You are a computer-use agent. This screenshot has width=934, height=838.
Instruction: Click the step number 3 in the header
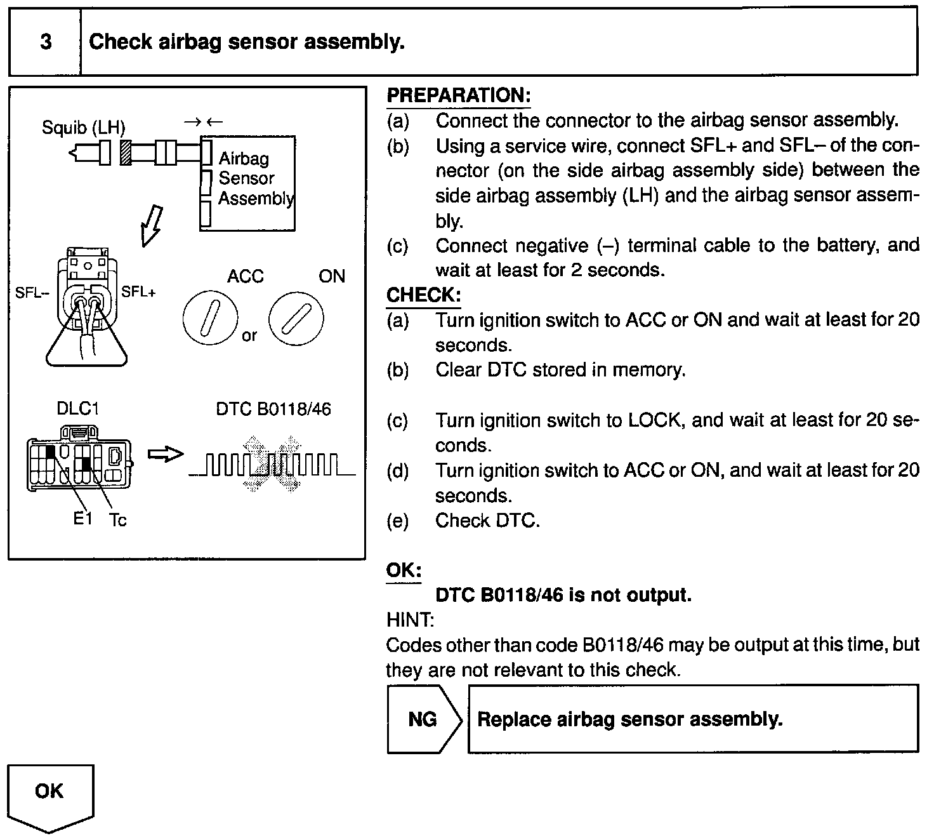click(46, 42)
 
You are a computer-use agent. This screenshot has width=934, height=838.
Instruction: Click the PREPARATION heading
click(458, 96)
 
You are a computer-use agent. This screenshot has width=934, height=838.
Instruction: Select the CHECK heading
click(423, 295)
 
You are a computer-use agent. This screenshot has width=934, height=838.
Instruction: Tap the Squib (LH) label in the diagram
click(83, 128)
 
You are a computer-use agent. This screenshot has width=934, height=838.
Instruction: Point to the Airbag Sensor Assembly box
click(248, 182)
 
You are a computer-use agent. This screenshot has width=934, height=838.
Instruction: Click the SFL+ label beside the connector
click(138, 291)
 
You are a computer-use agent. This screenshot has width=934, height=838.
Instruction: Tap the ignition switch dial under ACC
click(210, 317)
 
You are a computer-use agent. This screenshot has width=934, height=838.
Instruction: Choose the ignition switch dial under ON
click(296, 317)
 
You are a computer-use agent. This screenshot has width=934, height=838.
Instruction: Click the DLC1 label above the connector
click(78, 409)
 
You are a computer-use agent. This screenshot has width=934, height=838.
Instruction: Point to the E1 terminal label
click(82, 519)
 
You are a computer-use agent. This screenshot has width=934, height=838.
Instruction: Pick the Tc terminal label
click(118, 521)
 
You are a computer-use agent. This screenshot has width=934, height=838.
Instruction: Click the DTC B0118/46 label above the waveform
click(273, 409)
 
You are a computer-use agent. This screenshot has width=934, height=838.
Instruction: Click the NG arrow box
click(423, 719)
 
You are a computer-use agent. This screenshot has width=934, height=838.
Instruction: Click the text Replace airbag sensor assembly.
click(629, 719)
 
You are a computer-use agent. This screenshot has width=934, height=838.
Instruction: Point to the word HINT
click(410, 620)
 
